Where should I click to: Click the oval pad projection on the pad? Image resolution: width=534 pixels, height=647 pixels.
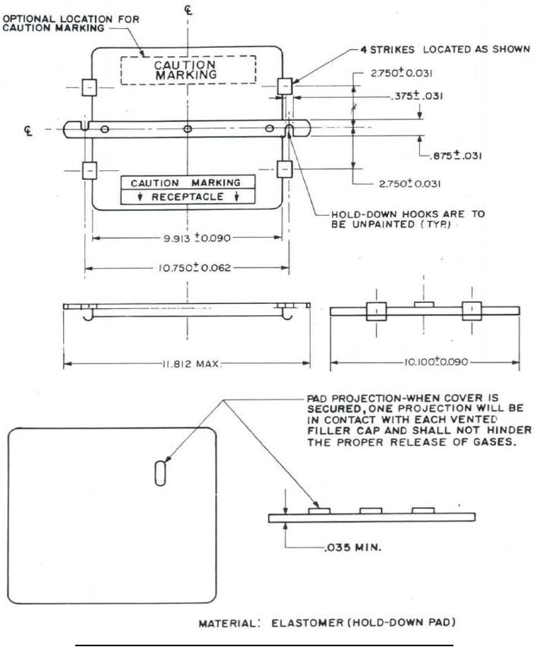point(160,472)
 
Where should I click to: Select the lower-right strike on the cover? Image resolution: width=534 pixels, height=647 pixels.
point(285,169)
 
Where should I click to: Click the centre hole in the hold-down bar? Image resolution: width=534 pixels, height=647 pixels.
point(188,129)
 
